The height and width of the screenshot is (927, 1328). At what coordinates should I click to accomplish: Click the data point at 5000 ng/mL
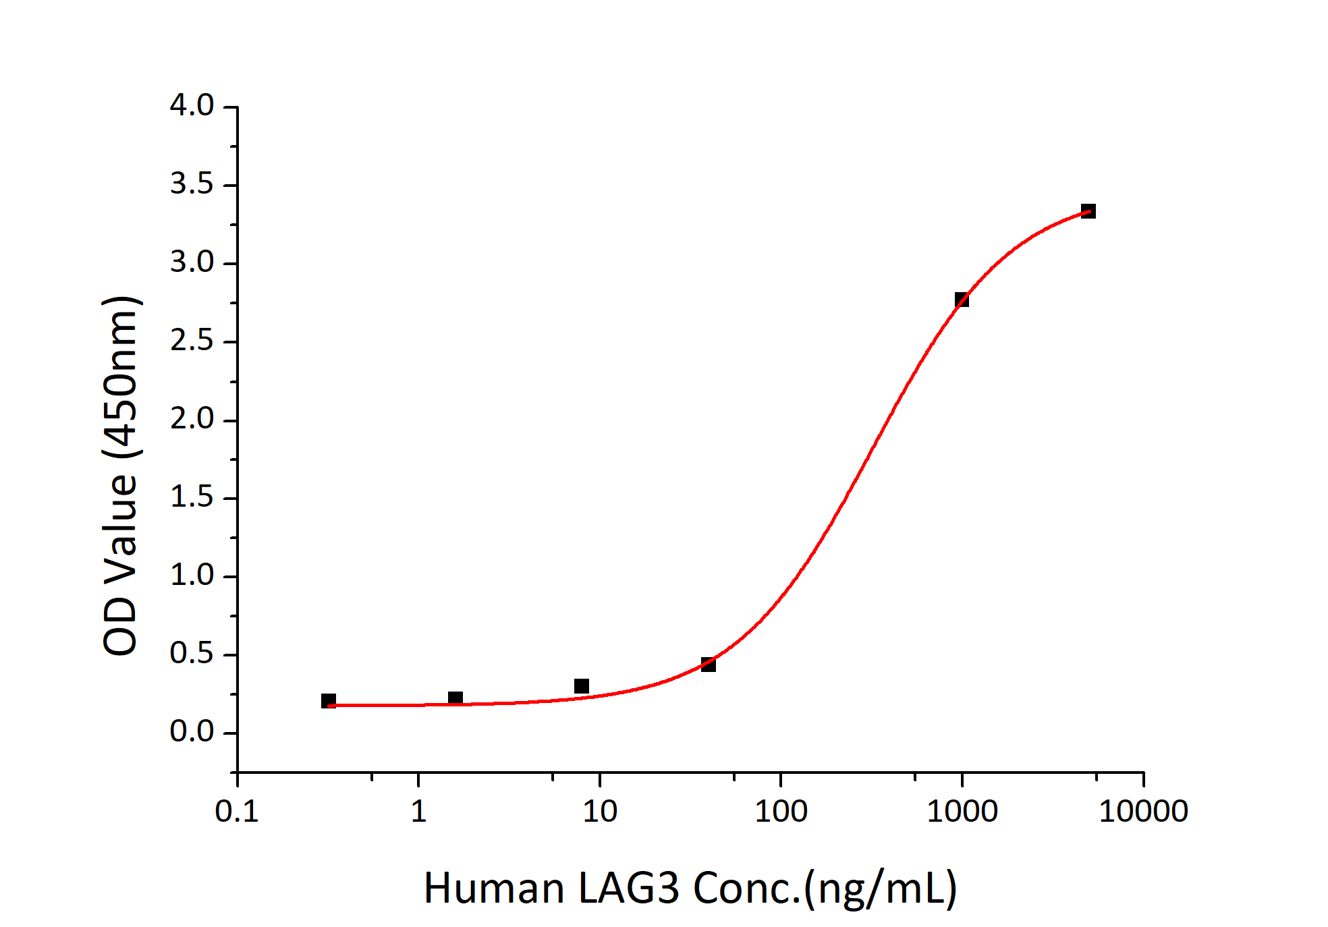click(x=1088, y=211)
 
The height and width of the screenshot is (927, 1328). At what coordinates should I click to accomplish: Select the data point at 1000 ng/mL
click(x=962, y=300)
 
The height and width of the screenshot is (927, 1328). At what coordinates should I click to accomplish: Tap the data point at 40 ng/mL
click(x=708, y=665)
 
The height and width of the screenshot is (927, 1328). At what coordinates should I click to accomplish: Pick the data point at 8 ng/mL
click(x=582, y=686)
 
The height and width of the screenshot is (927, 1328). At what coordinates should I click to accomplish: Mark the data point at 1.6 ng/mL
click(x=455, y=698)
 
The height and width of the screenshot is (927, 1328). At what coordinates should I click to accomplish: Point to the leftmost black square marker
click(x=329, y=701)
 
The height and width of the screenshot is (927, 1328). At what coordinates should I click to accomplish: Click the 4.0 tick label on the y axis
click(x=192, y=106)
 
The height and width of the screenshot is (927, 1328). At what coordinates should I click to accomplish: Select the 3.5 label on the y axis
click(x=192, y=184)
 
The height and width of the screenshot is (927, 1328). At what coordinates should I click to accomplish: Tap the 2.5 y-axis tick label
click(x=192, y=341)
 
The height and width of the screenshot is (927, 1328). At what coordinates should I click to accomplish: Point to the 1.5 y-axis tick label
click(x=192, y=498)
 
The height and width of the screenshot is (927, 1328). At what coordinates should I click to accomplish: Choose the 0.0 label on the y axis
click(x=192, y=732)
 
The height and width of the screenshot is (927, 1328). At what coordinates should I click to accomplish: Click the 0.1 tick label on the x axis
click(x=237, y=811)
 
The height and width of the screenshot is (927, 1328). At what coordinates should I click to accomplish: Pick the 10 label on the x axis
click(x=600, y=811)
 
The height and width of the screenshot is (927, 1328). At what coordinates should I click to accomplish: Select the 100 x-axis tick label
click(x=781, y=811)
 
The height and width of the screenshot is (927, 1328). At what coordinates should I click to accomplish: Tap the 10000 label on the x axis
click(x=1143, y=811)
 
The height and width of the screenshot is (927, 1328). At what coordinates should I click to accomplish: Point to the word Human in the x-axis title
click(x=494, y=889)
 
